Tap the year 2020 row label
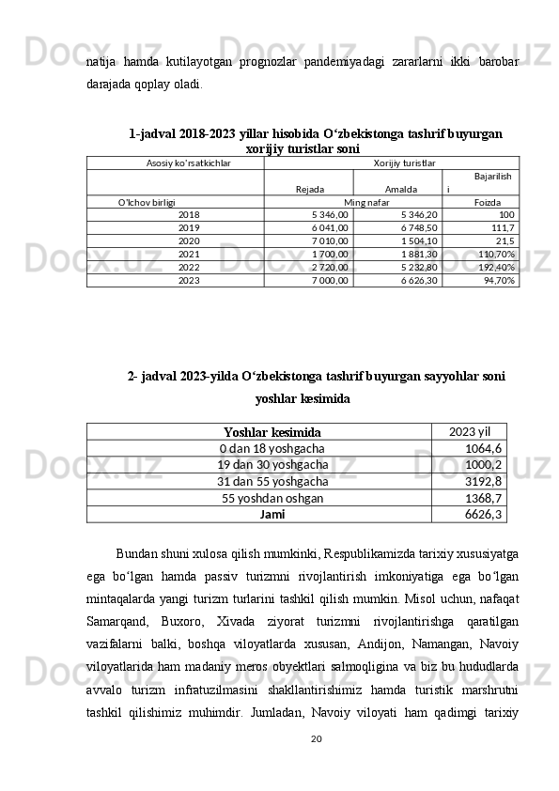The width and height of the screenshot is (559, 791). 189,240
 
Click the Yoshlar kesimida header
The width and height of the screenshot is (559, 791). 272,432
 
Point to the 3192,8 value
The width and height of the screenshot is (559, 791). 484,481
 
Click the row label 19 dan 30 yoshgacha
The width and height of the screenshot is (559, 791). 272,464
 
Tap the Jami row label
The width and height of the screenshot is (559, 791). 272,514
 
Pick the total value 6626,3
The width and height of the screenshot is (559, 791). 484,514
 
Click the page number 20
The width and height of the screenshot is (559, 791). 317,765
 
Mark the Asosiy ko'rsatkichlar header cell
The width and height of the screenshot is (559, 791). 189,163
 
